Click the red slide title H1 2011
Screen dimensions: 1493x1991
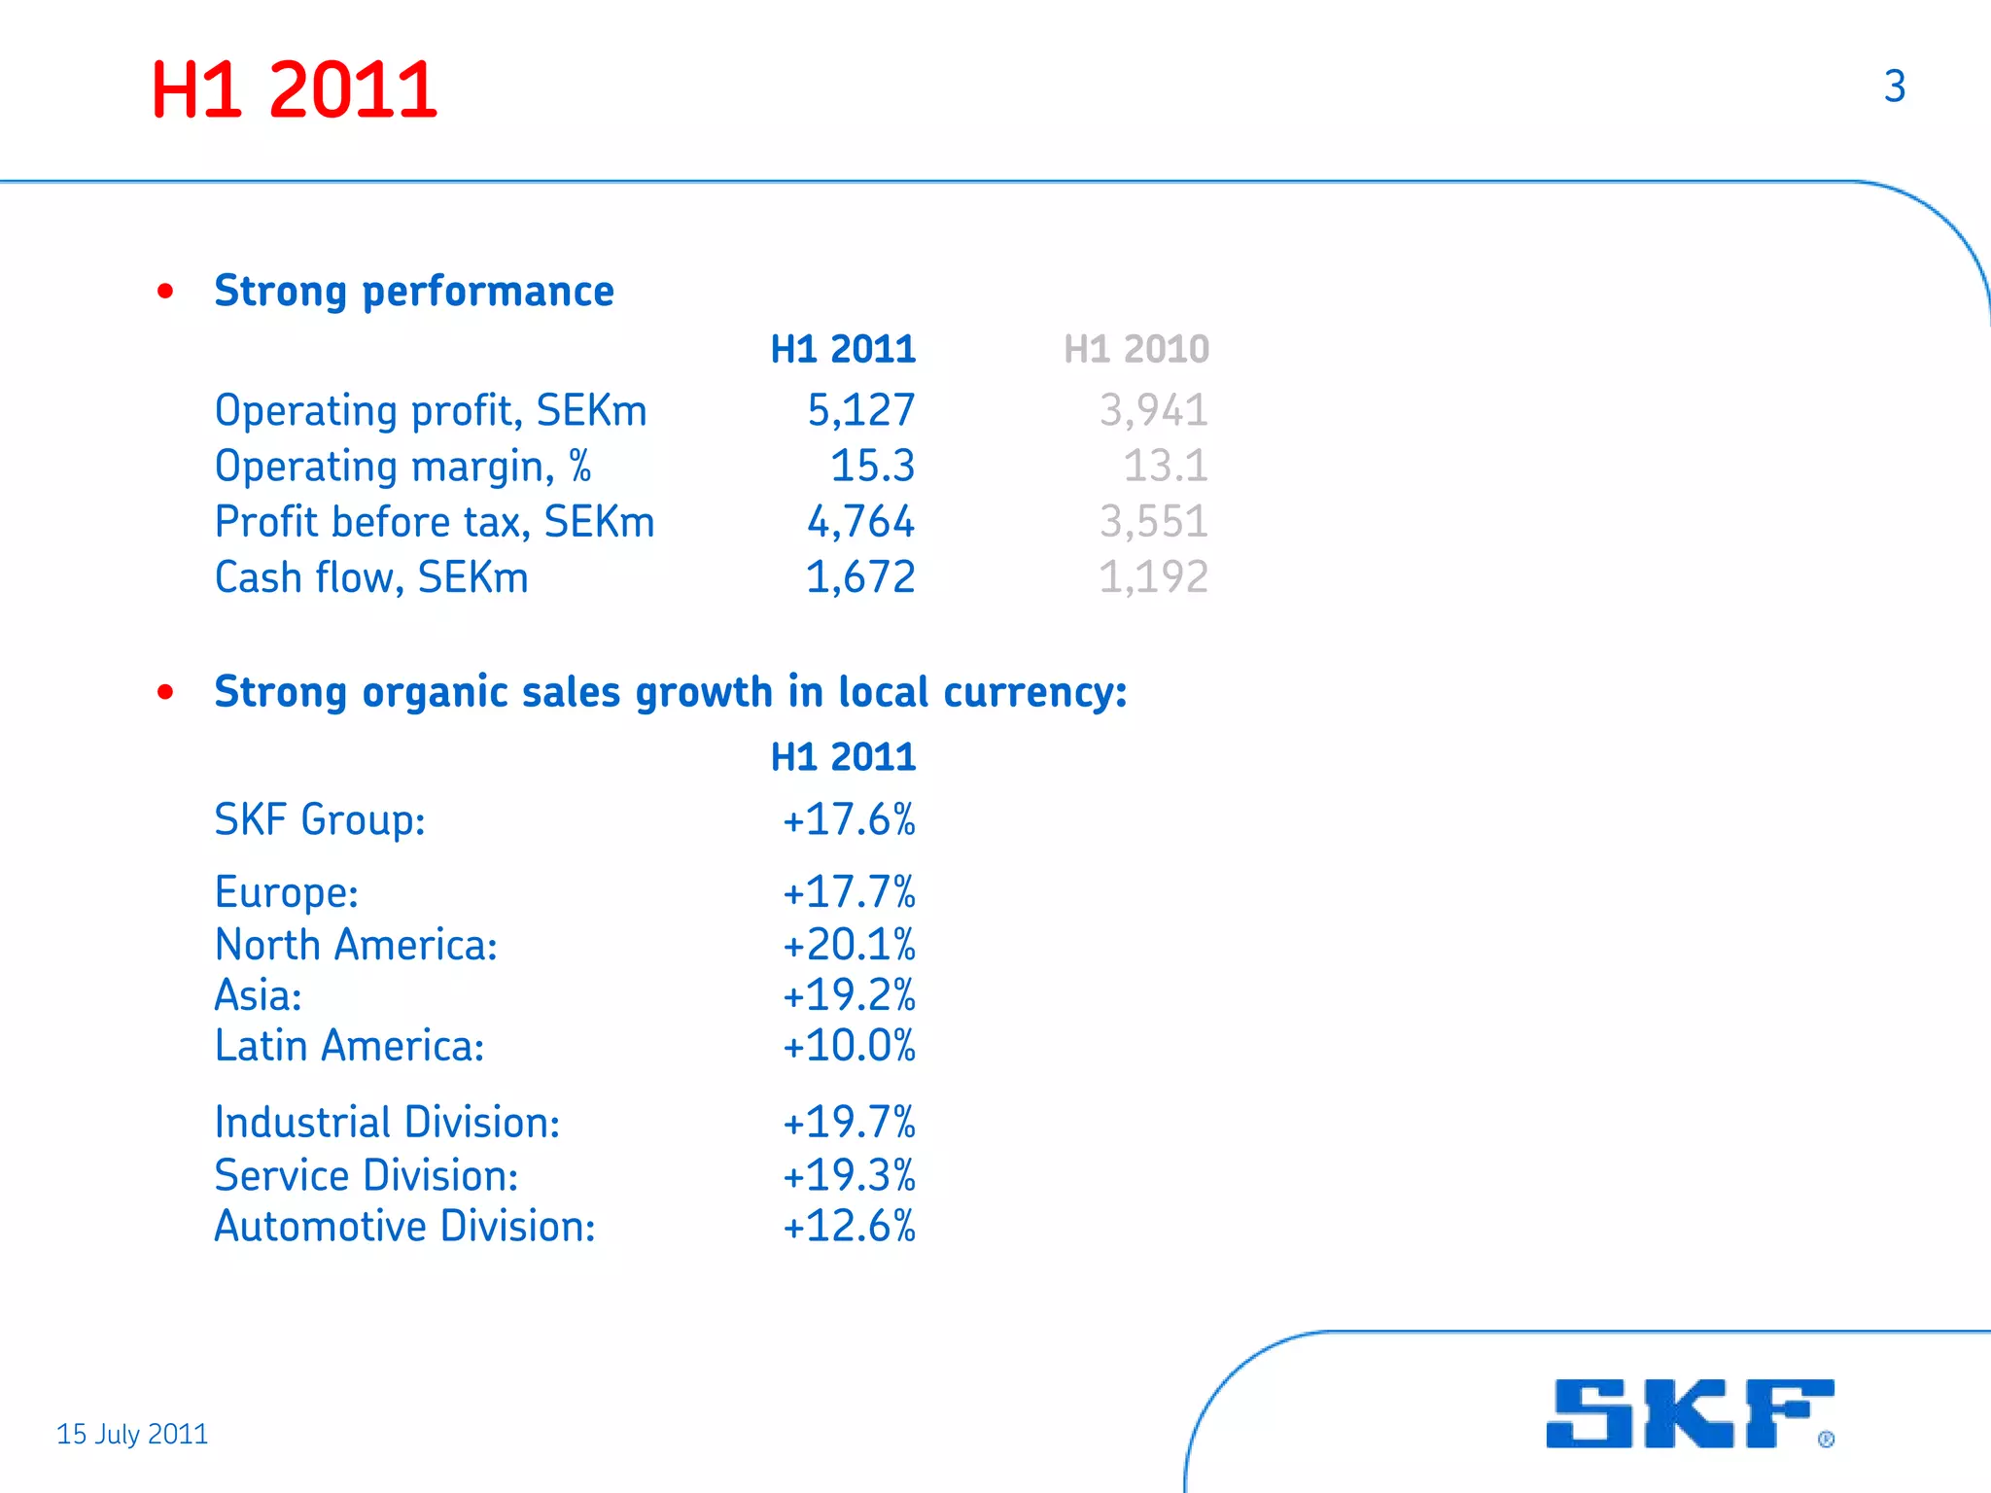294,90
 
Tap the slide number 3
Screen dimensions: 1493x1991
1894,87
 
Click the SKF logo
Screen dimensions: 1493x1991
1690,1413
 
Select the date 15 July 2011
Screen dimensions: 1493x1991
132,1434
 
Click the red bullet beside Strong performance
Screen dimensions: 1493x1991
165,291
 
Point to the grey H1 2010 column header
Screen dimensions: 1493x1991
1135,349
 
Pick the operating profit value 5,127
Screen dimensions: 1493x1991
860,410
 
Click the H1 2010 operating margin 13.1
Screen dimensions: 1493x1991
1165,466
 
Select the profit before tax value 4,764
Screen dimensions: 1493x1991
860,522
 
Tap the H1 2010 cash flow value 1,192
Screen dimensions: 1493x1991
1153,577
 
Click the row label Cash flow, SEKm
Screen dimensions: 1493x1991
371,577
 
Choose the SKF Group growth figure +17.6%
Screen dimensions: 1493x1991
849,819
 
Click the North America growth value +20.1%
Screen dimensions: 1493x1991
849,944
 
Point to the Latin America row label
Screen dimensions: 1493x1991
349,1046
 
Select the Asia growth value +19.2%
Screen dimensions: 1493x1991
849,994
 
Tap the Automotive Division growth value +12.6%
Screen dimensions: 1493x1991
849,1226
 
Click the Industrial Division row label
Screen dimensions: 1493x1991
387,1123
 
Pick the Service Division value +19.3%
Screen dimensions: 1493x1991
849,1175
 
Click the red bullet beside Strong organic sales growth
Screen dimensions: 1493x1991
165,692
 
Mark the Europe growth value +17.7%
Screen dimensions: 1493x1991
849,891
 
